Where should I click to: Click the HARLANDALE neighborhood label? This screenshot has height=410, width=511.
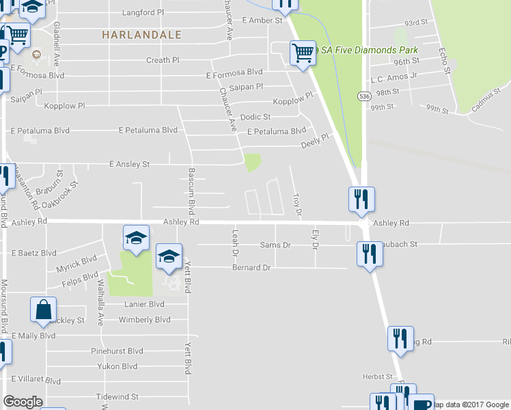[x=142, y=34]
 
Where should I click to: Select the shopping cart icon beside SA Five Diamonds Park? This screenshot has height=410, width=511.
[x=303, y=53]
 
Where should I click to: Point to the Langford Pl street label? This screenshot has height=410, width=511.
[x=143, y=12]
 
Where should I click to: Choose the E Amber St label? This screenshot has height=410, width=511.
[x=262, y=21]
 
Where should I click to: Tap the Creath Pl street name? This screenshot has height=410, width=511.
[x=163, y=60]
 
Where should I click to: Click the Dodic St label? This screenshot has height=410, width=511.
[x=255, y=117]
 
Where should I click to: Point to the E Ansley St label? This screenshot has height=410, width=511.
[x=130, y=165]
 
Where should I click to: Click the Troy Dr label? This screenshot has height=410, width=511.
[x=297, y=205]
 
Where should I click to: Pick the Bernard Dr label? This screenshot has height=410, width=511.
[x=251, y=267]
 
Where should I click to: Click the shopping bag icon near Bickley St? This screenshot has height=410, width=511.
[x=44, y=310]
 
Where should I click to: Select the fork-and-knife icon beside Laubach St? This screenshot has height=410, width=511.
[x=370, y=254]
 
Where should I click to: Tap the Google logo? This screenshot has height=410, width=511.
[x=23, y=402]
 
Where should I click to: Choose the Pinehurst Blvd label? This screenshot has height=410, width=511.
[x=118, y=351]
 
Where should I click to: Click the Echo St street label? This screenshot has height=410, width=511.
[x=445, y=59]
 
